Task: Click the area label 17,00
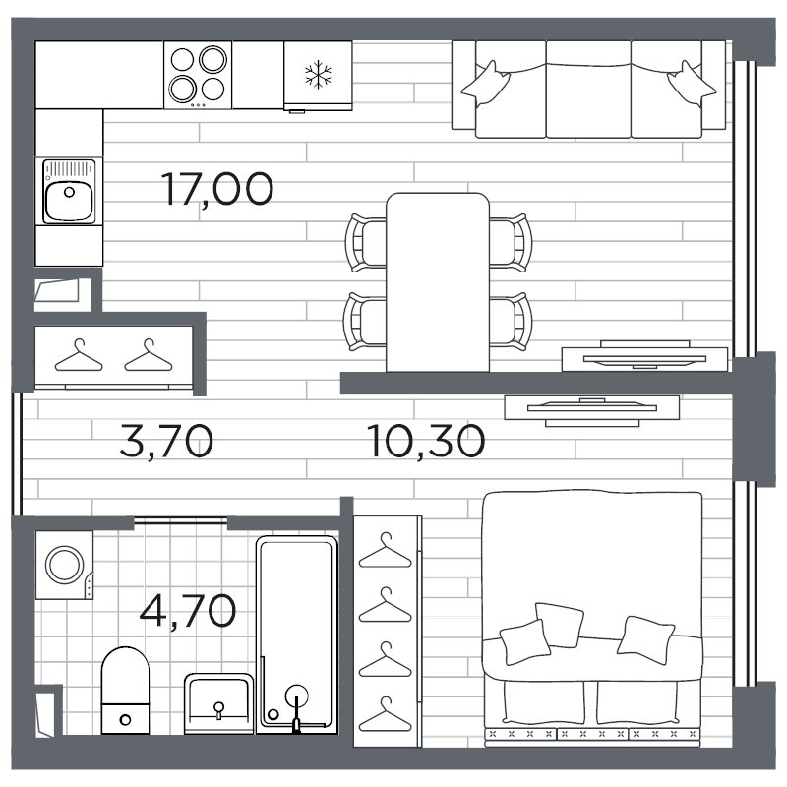coord(217,189)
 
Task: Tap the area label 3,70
coord(166,441)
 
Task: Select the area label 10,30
coord(426,441)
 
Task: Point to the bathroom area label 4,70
coord(187,610)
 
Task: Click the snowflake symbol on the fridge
coord(318,75)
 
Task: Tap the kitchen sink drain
coord(69,192)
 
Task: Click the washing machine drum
coord(64,565)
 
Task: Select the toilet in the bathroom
coord(126,691)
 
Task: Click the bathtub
coord(297,635)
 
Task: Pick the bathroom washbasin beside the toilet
coord(218,703)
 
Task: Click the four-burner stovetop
coord(198,75)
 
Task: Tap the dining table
coord(438,282)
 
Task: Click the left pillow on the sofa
coord(485,84)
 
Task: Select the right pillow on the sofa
coord(692,84)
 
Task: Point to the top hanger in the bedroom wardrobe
coord(386,551)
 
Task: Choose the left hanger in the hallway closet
coord(79,355)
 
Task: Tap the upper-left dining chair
coord(366,243)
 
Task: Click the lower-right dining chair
coord(511,322)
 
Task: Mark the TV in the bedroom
coord(592,407)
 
